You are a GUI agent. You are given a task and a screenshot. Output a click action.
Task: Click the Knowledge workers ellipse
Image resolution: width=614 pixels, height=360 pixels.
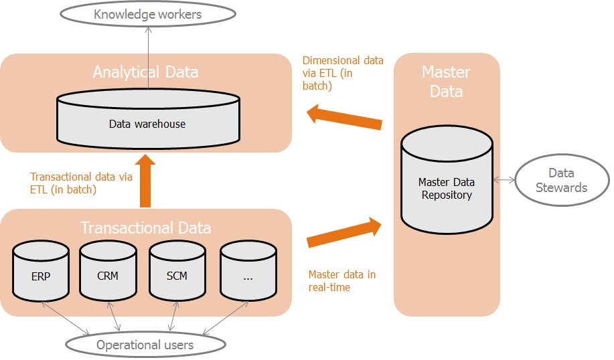(x=147, y=14)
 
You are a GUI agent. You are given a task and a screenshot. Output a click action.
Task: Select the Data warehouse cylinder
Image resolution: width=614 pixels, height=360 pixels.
(x=148, y=119)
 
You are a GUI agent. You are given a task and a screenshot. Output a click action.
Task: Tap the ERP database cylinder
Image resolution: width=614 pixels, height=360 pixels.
(x=41, y=271)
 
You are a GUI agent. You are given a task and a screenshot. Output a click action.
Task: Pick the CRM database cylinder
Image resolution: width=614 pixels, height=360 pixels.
(x=108, y=271)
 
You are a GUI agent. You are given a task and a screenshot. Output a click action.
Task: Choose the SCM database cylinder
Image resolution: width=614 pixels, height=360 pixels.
(x=177, y=271)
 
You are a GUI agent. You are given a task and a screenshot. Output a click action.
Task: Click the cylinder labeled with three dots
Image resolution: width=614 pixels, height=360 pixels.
(x=248, y=271)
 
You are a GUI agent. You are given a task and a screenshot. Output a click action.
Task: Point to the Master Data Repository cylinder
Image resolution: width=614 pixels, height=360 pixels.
(x=447, y=180)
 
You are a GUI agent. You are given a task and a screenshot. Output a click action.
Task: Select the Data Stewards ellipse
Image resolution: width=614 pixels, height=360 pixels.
(x=562, y=180)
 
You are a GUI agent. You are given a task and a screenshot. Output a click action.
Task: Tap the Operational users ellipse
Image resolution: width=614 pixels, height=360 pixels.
(x=145, y=345)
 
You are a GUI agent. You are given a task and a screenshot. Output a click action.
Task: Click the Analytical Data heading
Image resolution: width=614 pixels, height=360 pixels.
(x=146, y=72)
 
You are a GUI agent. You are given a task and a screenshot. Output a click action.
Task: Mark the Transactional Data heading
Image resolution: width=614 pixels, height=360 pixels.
(x=146, y=228)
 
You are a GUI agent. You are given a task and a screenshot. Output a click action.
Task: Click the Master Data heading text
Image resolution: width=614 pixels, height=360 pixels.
(x=447, y=82)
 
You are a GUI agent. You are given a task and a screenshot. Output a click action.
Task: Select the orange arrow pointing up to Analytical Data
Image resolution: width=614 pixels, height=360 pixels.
(x=145, y=181)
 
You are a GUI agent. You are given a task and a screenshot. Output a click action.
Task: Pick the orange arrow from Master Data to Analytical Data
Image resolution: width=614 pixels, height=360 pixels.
(x=343, y=116)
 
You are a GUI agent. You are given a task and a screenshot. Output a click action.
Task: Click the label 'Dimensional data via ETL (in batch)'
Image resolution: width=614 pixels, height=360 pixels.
(x=343, y=73)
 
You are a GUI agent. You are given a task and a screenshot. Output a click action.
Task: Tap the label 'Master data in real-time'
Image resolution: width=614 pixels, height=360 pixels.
(x=342, y=281)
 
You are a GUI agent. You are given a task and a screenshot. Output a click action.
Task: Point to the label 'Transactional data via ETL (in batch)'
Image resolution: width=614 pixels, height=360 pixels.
(x=81, y=183)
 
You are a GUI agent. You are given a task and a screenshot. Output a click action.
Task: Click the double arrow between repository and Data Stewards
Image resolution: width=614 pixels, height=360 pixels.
(x=504, y=180)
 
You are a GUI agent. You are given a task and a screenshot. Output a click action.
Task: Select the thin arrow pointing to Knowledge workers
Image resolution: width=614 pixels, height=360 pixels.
(x=149, y=58)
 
